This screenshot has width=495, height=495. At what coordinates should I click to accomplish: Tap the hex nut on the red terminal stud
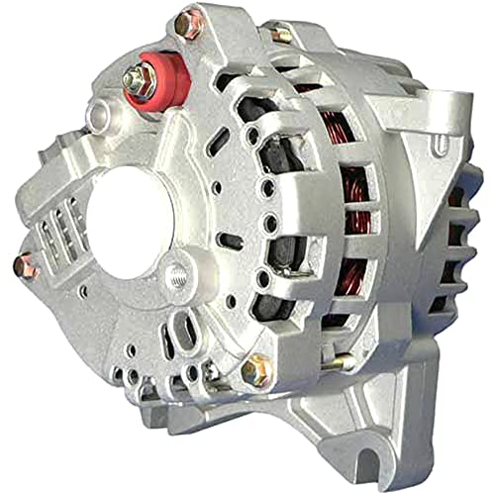click(x=139, y=78)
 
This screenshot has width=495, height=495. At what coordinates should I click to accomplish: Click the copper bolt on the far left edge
click(x=27, y=264)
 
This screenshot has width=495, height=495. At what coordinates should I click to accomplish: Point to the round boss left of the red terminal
click(x=97, y=117)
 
